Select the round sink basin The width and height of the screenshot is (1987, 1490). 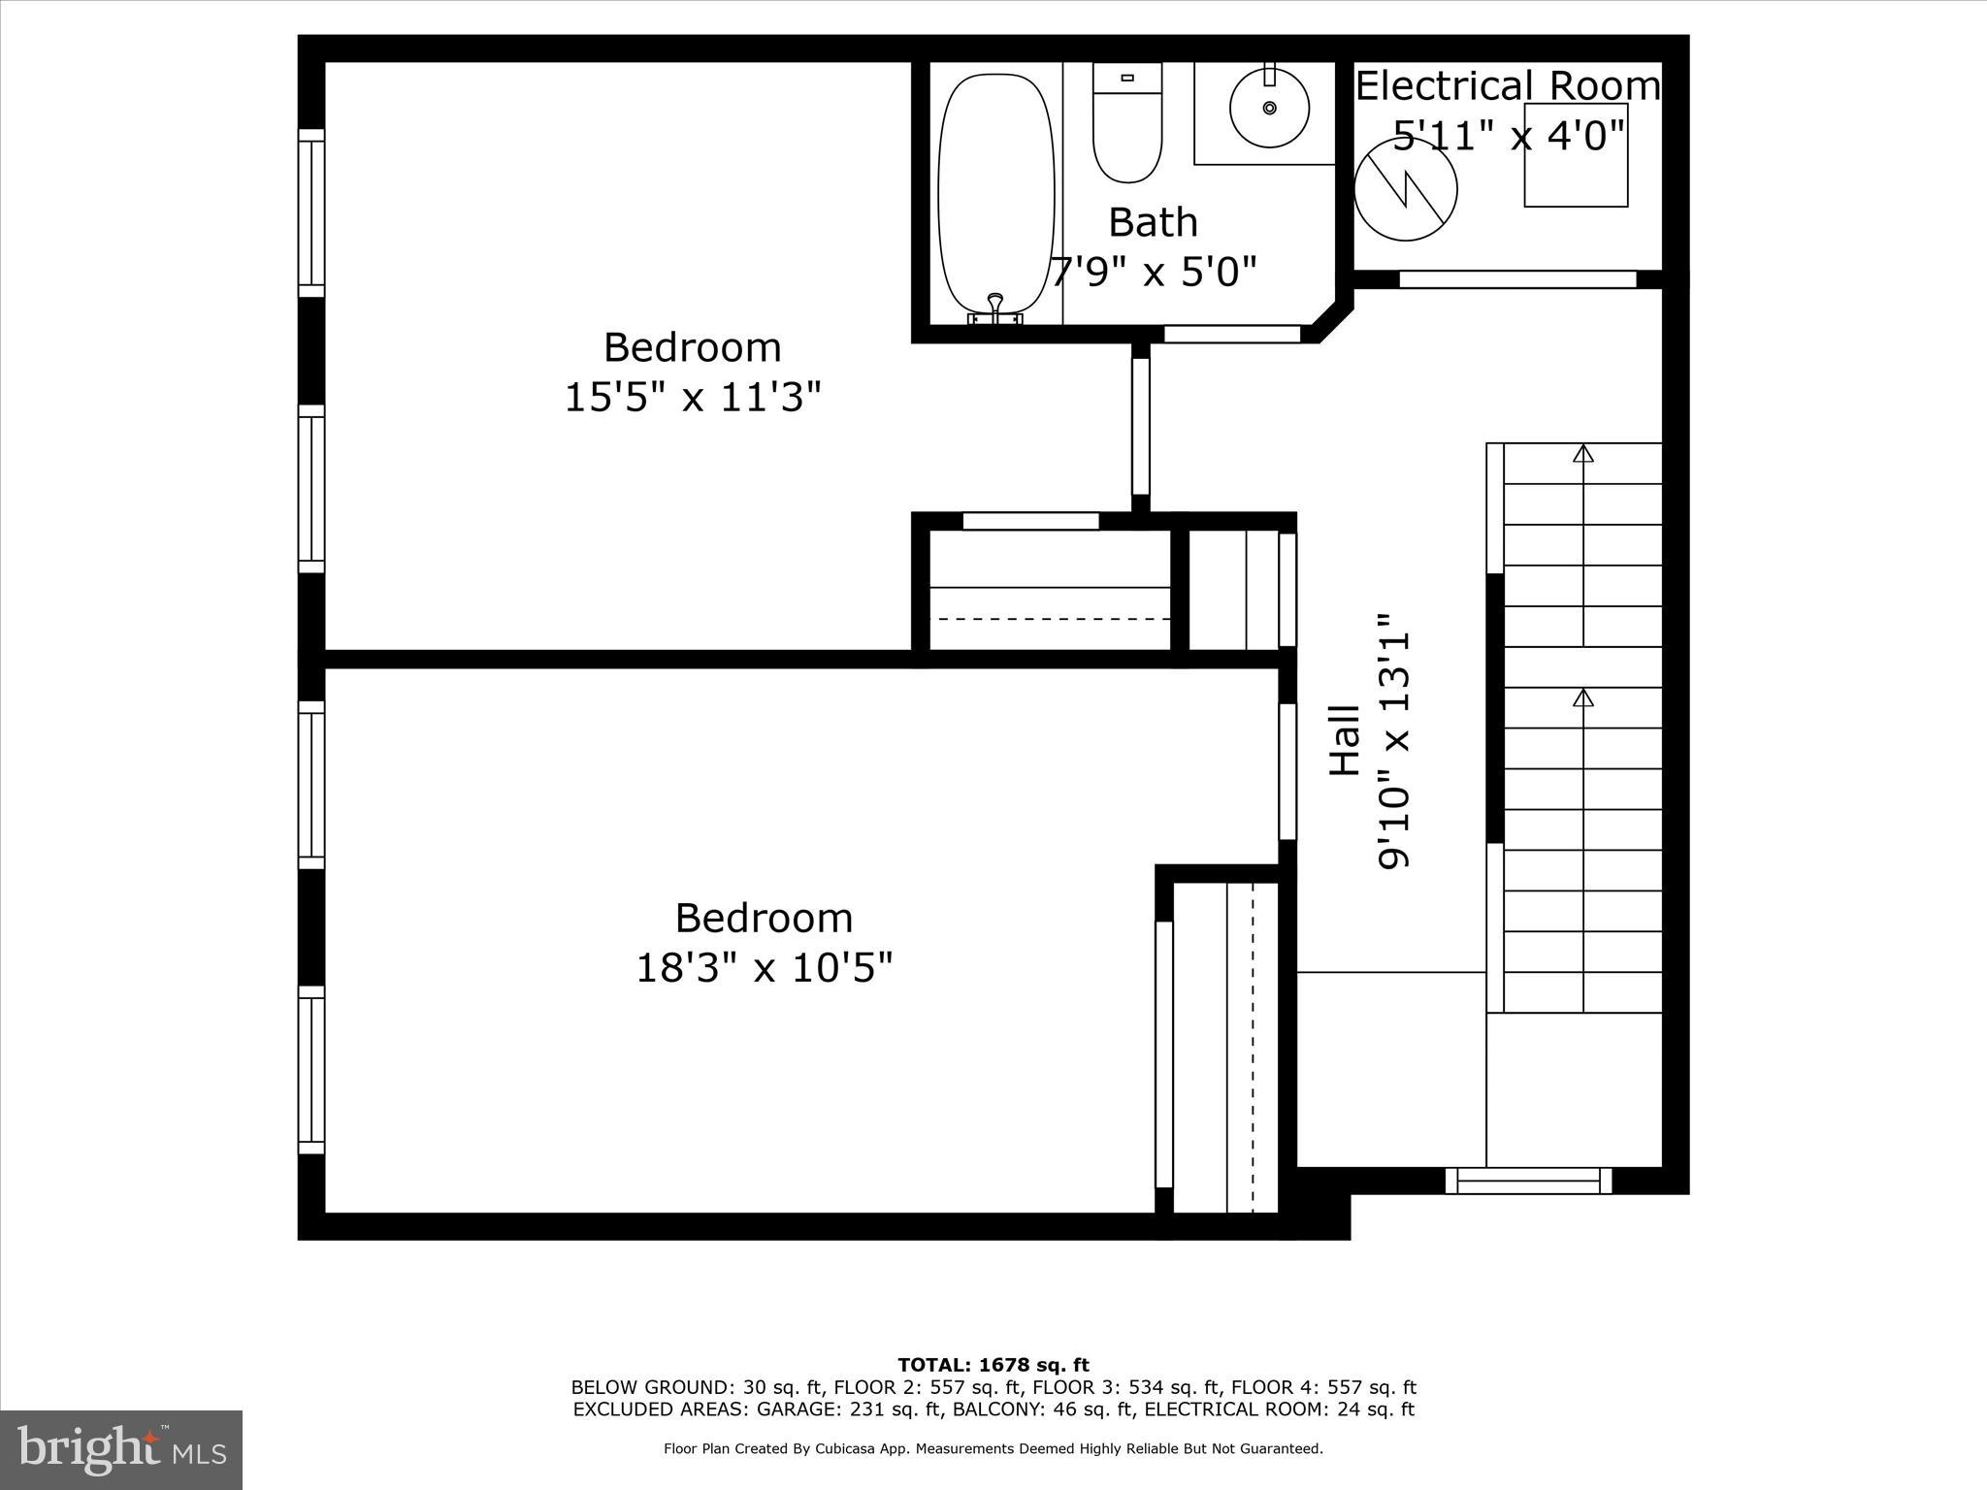pos(1269,108)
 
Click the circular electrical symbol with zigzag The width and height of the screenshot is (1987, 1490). pos(1405,190)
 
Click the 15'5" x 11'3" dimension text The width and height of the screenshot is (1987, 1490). pos(693,398)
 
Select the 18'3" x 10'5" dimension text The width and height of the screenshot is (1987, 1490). pos(764,968)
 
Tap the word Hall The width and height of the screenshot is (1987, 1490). pos(1345,740)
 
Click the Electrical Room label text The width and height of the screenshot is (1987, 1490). pos(1507,86)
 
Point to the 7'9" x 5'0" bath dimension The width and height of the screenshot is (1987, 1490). pos(1155,273)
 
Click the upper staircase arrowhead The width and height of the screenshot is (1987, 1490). pos(1583,453)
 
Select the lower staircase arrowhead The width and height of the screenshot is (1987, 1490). pos(1583,697)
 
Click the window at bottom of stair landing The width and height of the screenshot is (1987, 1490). pos(1528,1181)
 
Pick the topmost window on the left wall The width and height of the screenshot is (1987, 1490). pos(310,213)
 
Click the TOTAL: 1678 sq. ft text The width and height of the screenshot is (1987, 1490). pos(993,1365)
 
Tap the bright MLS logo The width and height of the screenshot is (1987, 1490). pos(121,1450)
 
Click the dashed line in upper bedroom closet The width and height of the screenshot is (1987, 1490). pos(1050,619)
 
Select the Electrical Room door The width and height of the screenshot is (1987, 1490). pos(1517,279)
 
